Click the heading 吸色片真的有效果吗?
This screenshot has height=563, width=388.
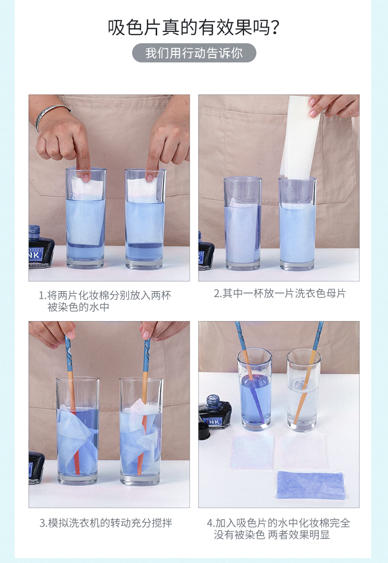pyautogui.click(x=194, y=27)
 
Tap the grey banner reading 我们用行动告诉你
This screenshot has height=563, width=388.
pyautogui.click(x=194, y=53)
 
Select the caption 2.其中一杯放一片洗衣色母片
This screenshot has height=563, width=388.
pyautogui.click(x=280, y=294)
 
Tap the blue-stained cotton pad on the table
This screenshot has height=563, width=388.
pyautogui.click(x=311, y=485)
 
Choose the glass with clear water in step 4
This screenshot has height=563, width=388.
pyautogui.click(x=304, y=390)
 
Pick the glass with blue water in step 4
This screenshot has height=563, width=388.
pyautogui.click(x=254, y=389)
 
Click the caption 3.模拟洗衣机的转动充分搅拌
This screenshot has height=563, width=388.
pyautogui.click(x=106, y=523)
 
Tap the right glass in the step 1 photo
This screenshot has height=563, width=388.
pyautogui.click(x=145, y=219)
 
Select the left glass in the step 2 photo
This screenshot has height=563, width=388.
pyautogui.click(x=243, y=223)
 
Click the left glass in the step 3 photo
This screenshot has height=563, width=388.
pyautogui.click(x=78, y=430)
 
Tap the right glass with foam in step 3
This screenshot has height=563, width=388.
pyautogui.click(x=141, y=431)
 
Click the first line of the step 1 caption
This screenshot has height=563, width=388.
pyautogui.click(x=105, y=296)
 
